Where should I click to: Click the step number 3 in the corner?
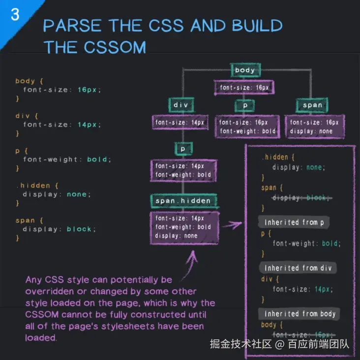pos(15,15)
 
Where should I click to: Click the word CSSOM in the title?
pos(119,47)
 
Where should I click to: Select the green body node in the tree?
pos(244,70)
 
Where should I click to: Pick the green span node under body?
pos(312,105)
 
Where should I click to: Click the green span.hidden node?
pos(183,201)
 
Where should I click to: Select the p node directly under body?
pos(245,105)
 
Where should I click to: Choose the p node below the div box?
pos(182,148)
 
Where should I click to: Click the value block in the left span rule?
pos(79,229)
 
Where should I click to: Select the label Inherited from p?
pos(294,222)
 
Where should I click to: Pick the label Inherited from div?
pos(298,268)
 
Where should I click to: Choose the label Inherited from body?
pos(300,314)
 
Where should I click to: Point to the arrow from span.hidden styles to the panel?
pos(231,226)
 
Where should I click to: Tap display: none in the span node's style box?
pos(311,131)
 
